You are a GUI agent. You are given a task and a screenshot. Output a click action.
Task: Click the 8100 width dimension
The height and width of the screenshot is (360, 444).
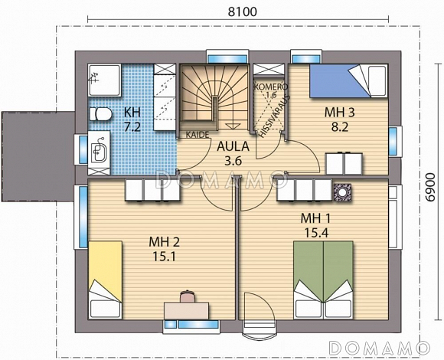pos(243,12)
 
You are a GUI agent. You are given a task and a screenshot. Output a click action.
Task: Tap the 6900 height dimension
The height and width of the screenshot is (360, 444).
pos(429,187)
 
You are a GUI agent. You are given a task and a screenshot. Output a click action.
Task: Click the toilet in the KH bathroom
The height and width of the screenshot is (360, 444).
pos(100,114)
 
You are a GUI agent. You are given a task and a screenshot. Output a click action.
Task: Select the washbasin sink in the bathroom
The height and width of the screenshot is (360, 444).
pos(99,151)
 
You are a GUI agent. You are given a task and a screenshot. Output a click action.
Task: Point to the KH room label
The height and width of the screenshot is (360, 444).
pos(132,113)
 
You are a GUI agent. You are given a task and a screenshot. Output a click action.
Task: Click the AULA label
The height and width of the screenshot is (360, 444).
pos(233,146)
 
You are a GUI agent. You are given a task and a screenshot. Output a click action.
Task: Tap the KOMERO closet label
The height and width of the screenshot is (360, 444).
pos(271,87)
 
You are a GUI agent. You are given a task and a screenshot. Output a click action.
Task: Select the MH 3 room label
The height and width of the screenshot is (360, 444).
pos(340,113)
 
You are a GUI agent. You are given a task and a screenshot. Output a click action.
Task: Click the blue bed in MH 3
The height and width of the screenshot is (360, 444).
pos(348,81)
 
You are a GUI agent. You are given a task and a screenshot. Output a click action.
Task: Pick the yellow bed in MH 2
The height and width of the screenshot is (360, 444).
pos(106,280)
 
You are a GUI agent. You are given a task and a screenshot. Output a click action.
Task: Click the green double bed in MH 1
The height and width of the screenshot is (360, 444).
pos(323,280)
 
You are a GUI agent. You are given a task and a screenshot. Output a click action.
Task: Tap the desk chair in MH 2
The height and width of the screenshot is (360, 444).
pos(188,296)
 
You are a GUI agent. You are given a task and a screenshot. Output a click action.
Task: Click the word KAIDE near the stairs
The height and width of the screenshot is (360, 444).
pos(198,135)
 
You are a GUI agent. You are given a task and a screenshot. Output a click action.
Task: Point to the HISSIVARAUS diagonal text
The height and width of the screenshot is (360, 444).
pos(274,116)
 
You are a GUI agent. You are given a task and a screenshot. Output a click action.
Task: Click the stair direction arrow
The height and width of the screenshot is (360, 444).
pos(233,126)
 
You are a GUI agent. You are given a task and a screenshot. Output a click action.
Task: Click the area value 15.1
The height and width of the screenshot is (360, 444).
pos(165,257)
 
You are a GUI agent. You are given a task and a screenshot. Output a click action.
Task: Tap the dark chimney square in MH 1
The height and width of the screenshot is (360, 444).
pos(342,192)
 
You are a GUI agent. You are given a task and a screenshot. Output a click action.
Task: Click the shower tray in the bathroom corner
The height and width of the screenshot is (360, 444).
pos(104,80)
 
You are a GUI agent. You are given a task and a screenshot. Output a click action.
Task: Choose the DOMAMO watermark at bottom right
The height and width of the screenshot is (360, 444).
pos(380,348)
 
